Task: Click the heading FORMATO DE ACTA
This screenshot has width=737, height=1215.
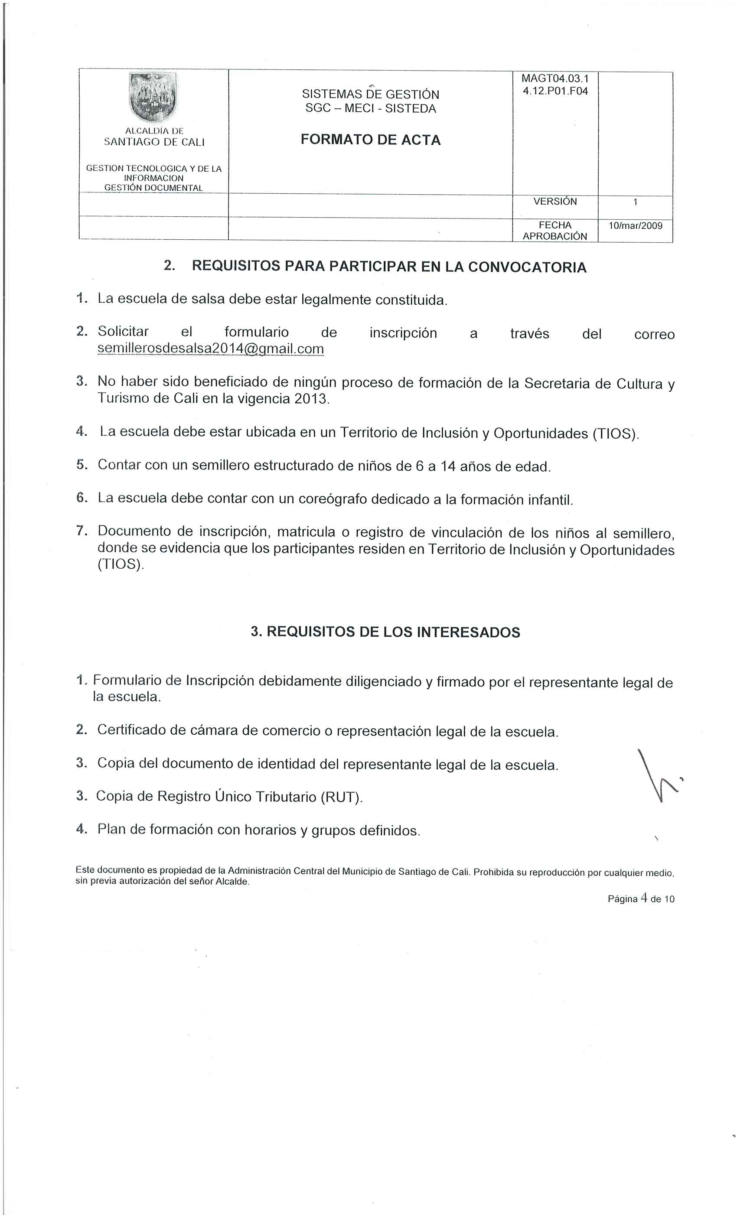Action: tap(371, 140)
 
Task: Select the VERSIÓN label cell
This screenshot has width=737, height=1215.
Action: tap(555, 202)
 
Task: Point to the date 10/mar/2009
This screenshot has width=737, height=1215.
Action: tap(636, 226)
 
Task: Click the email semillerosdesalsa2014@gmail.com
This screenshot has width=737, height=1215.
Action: tap(211, 349)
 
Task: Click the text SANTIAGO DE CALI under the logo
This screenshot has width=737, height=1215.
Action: tap(154, 142)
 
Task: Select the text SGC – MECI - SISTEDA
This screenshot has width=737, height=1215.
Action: tap(371, 108)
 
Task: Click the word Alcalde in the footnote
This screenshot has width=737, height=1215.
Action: tap(232, 882)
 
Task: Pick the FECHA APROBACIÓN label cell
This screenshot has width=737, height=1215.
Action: tap(555, 231)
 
